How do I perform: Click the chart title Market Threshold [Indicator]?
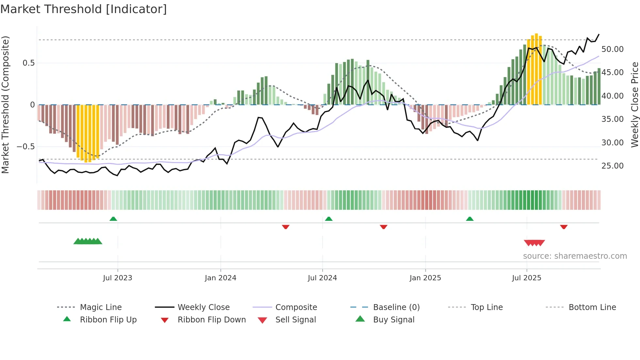tap(84, 9)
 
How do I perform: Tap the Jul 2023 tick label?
tap(118, 278)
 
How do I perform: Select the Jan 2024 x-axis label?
tap(220, 278)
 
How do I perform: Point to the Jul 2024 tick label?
tap(322, 278)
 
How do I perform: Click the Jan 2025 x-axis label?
tap(425, 278)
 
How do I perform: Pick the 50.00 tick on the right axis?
tap(612, 49)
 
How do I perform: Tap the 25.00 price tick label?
tap(612, 166)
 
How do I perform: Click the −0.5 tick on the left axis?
tap(25, 147)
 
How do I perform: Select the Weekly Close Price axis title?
tap(634, 105)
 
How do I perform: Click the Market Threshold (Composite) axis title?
tap(5, 105)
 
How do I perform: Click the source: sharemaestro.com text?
tap(575, 256)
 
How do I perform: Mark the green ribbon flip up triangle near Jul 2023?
tap(113, 219)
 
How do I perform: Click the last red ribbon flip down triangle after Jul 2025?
tap(564, 227)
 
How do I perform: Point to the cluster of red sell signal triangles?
tap(534, 243)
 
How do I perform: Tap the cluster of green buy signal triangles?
tap(88, 241)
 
